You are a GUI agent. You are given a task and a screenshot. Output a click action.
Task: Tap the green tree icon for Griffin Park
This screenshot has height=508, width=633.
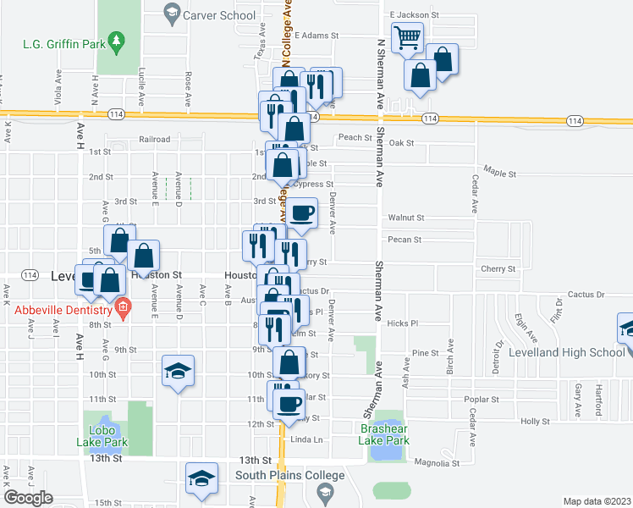coord(117,40)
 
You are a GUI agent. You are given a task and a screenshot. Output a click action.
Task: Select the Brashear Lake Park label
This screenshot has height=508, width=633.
coord(379,435)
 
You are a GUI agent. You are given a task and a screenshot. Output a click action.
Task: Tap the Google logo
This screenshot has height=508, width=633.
coord(28,498)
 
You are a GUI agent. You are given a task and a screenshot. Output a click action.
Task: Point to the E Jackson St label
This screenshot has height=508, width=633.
coord(414,15)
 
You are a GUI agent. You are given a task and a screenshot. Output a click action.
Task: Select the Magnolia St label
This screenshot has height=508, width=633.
coord(436,463)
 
